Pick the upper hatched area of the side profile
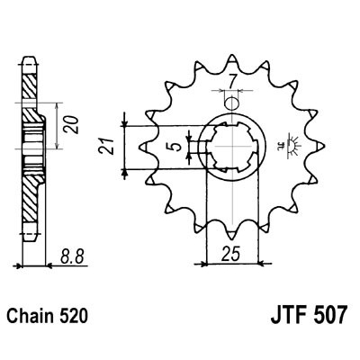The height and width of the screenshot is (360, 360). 31,90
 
